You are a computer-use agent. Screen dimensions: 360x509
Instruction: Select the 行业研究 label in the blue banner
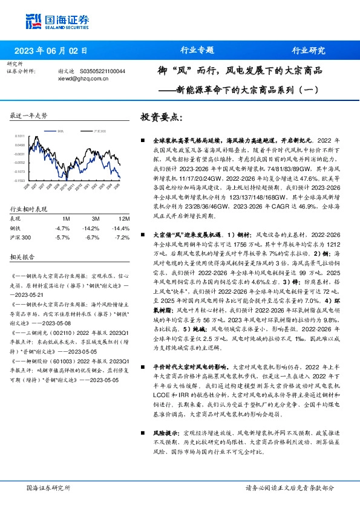(309, 50)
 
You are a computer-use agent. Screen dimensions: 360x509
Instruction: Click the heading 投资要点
(160, 116)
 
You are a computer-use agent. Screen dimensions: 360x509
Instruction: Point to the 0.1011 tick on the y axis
(20, 137)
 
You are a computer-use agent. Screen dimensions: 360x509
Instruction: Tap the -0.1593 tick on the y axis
(20, 180)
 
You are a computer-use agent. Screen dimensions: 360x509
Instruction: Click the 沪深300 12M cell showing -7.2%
(123, 237)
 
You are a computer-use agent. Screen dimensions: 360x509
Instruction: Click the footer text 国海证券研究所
(46, 487)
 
